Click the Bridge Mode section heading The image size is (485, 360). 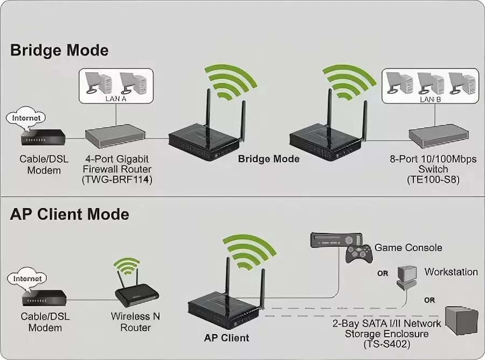(x=59, y=51)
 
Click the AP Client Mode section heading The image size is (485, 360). (x=70, y=214)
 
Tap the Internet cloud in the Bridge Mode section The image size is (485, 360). (x=26, y=117)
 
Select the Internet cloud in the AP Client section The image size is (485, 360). (x=26, y=279)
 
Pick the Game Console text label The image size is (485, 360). (x=408, y=248)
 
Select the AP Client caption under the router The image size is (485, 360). (x=227, y=338)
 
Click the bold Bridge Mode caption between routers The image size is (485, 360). (x=268, y=159)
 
